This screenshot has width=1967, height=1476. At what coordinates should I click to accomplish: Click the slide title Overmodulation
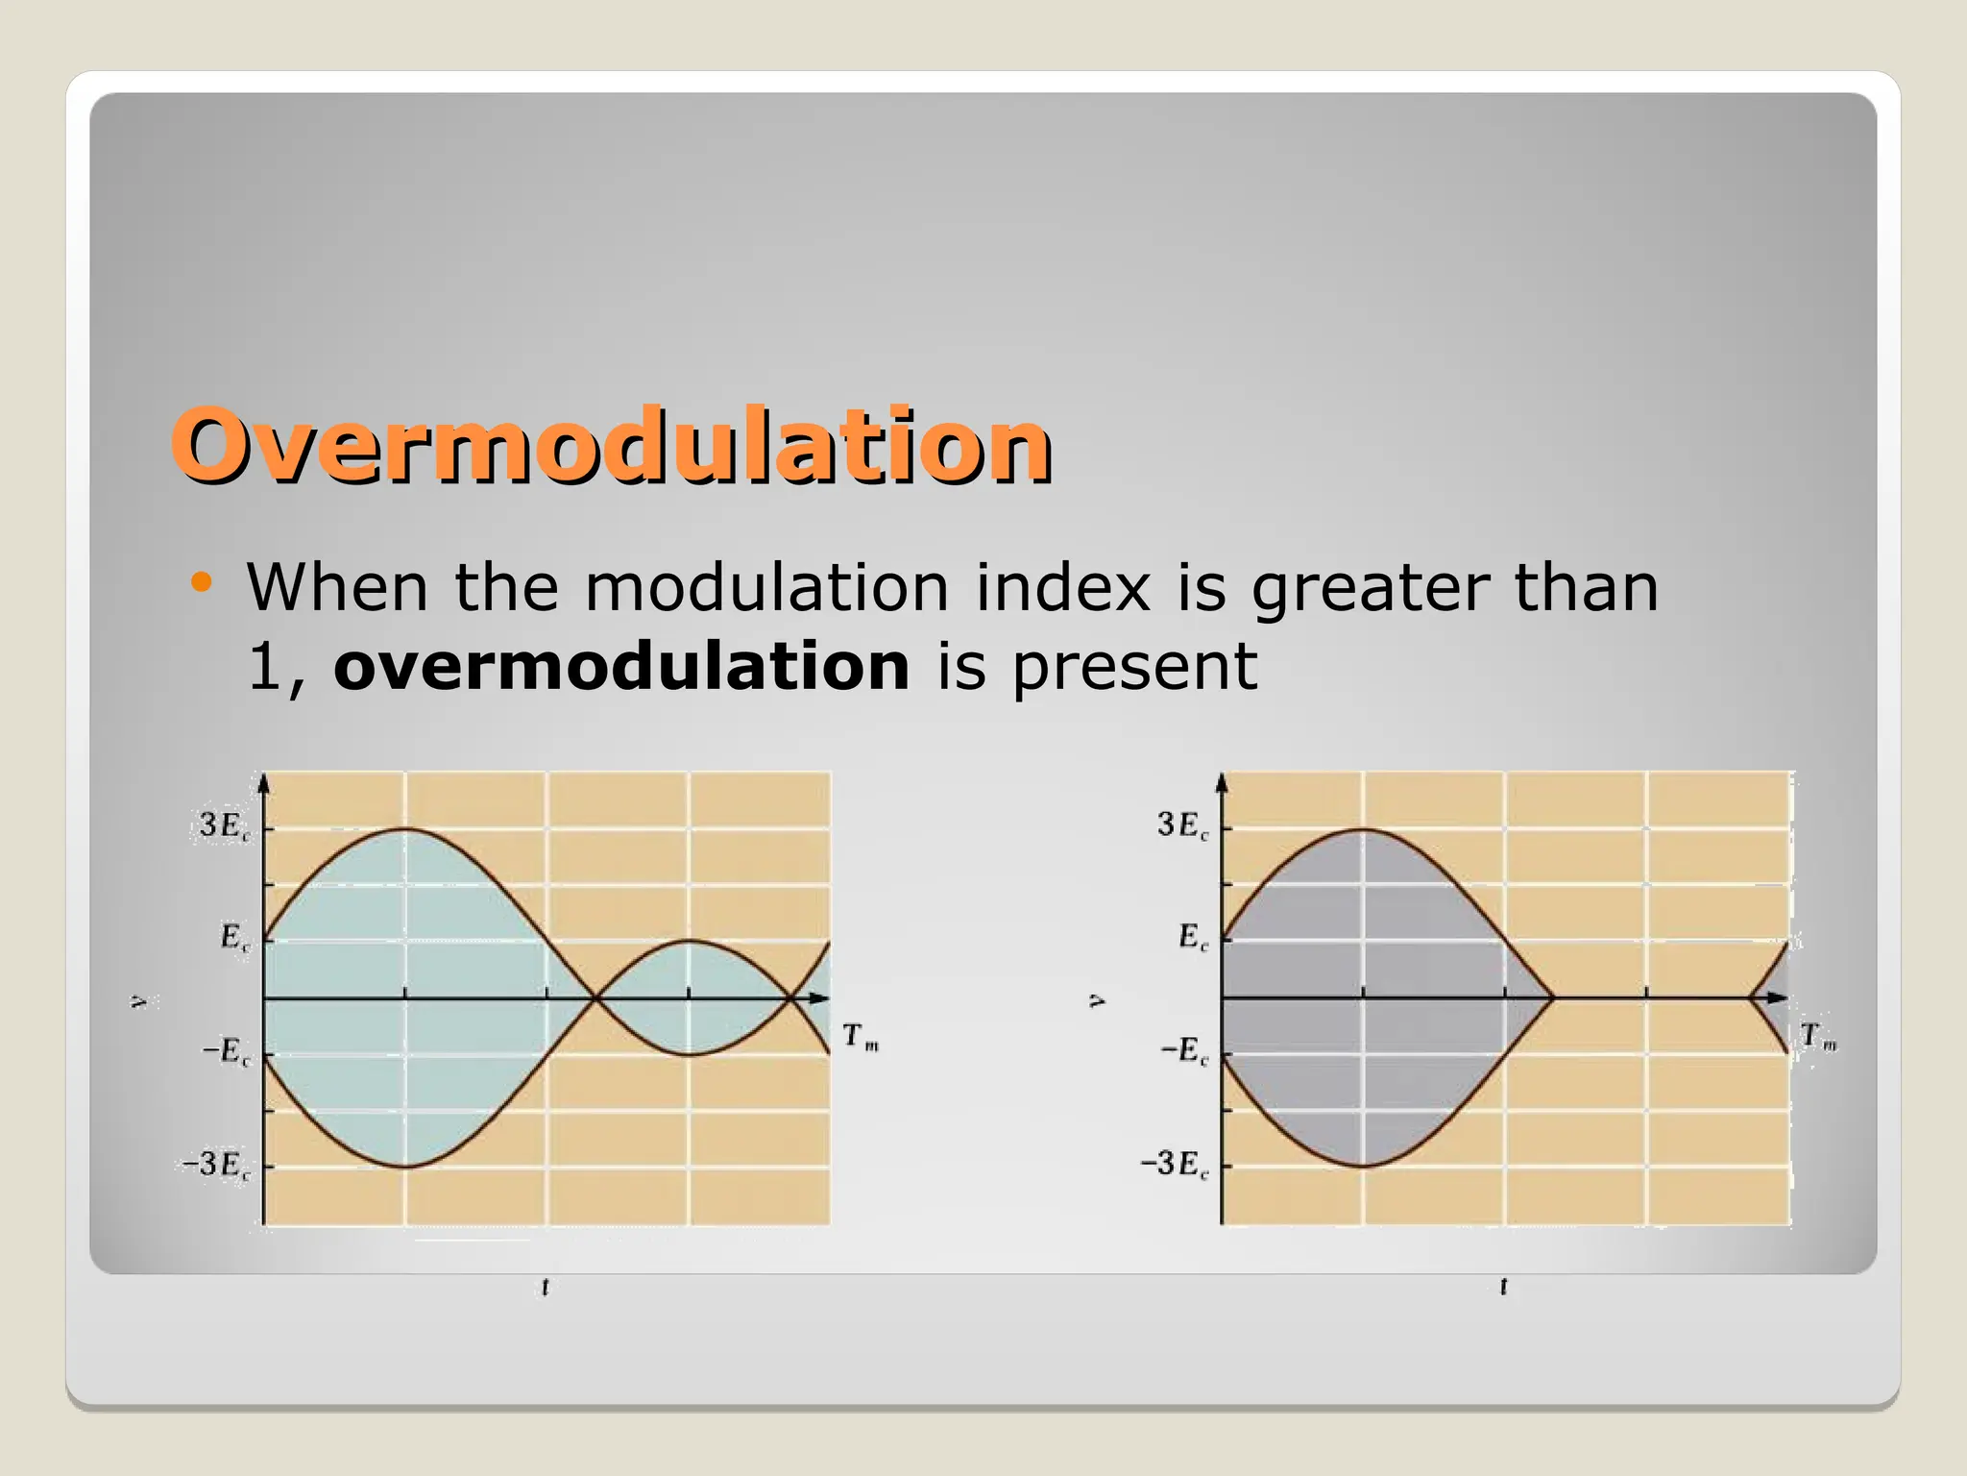(x=611, y=446)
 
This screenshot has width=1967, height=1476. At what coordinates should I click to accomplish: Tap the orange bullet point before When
(x=201, y=581)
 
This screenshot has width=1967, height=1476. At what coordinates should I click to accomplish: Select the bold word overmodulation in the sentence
(x=621, y=666)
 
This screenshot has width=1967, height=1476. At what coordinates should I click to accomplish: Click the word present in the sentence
(x=1134, y=668)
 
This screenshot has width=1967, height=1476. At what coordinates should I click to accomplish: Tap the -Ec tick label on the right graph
(x=1184, y=1050)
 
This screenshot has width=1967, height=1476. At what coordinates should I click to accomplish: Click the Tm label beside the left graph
(x=860, y=1037)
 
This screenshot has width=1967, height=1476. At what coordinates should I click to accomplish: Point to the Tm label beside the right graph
(x=1817, y=1037)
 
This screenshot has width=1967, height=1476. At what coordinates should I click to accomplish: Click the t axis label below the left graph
(x=546, y=1286)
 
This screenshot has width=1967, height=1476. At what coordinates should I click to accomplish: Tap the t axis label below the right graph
(x=1503, y=1286)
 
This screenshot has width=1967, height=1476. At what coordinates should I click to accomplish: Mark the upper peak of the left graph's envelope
(x=405, y=828)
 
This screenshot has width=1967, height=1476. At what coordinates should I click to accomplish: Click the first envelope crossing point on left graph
(x=595, y=998)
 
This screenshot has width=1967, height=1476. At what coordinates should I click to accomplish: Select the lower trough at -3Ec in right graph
(x=1363, y=1166)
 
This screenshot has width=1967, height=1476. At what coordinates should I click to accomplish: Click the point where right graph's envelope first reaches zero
(x=1552, y=998)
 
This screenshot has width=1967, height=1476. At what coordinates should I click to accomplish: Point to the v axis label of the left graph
(x=141, y=1001)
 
